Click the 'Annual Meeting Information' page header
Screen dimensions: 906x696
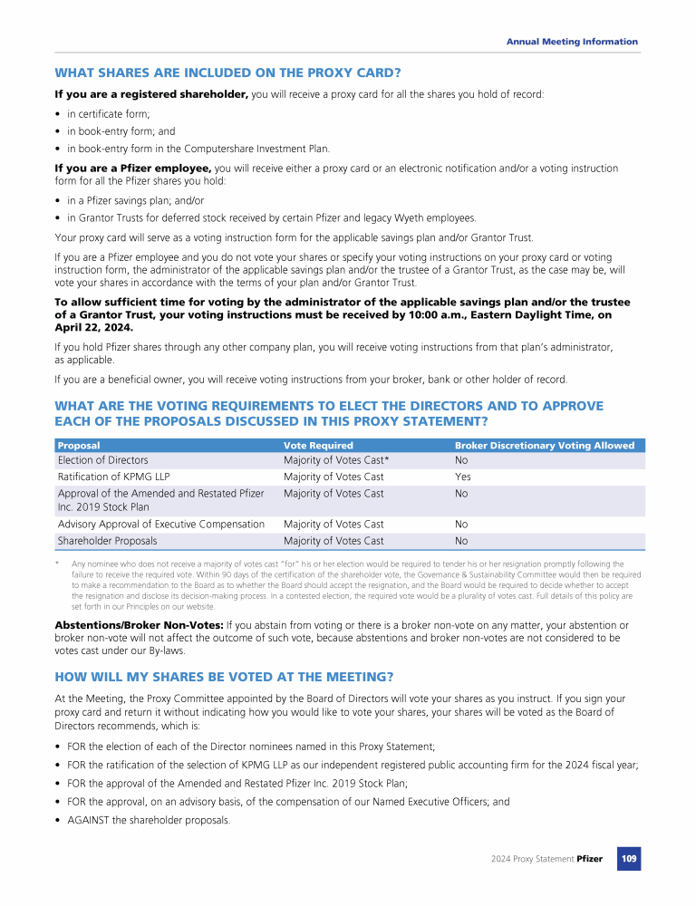tap(571, 42)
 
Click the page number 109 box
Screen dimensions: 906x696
tap(629, 859)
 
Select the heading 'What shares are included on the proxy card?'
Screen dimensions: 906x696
tap(227, 72)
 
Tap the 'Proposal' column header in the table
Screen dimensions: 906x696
tap(79, 446)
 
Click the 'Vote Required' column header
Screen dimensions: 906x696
tap(318, 446)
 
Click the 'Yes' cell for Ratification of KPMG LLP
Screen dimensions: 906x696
tap(462, 477)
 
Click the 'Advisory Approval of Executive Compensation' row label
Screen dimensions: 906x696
tap(161, 524)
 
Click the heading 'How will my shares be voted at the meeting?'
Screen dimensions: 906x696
tap(225, 677)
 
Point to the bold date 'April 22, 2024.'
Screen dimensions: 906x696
tap(93, 327)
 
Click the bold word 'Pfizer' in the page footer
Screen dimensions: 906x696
tap(589, 859)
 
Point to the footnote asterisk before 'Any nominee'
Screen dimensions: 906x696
tap(57, 564)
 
